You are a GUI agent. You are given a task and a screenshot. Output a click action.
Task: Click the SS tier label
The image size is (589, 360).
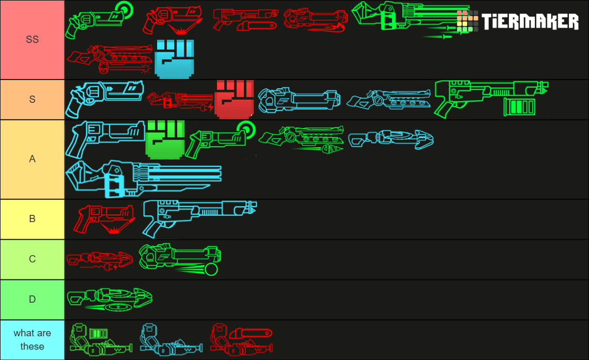click(x=33, y=39)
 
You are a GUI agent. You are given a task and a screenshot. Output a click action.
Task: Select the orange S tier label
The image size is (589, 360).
click(x=33, y=100)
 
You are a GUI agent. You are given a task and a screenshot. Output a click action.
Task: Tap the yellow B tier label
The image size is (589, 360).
click(x=33, y=219)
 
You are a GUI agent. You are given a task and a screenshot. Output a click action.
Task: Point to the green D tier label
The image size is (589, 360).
click(x=33, y=300)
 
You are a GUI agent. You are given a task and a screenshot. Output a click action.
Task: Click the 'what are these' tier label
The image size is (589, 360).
click(x=33, y=340)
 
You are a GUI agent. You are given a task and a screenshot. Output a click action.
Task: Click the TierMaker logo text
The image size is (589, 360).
click(x=530, y=21)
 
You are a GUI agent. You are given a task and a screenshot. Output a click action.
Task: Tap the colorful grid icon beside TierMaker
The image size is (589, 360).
click(x=467, y=21)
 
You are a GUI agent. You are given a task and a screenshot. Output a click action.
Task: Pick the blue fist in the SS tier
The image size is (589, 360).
click(x=174, y=59)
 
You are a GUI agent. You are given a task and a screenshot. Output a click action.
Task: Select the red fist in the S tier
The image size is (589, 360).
click(x=234, y=100)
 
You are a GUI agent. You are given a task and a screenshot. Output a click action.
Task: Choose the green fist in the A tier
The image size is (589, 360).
click(x=165, y=139)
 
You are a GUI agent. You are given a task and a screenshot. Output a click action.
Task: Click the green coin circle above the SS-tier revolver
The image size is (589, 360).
click(x=125, y=10)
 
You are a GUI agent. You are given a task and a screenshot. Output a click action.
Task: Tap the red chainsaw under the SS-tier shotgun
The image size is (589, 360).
click(x=257, y=25)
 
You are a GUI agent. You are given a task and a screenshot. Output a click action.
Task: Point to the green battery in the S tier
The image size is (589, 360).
click(x=519, y=106)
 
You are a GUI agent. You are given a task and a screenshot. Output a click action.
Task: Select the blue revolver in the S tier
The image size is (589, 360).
click(x=104, y=98)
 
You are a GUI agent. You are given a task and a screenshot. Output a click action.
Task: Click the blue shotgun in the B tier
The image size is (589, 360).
click(x=199, y=218)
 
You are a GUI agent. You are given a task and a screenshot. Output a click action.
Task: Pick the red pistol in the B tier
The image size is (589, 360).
click(x=104, y=219)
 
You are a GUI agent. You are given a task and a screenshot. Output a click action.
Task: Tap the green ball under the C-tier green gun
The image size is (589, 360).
click(x=211, y=269)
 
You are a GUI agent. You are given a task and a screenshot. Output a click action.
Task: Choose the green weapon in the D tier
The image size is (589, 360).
click(x=110, y=300)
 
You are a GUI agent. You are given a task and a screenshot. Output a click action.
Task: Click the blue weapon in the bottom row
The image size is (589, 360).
click(x=172, y=339)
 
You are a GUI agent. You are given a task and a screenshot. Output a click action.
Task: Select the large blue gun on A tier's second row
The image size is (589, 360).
click(x=143, y=179)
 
